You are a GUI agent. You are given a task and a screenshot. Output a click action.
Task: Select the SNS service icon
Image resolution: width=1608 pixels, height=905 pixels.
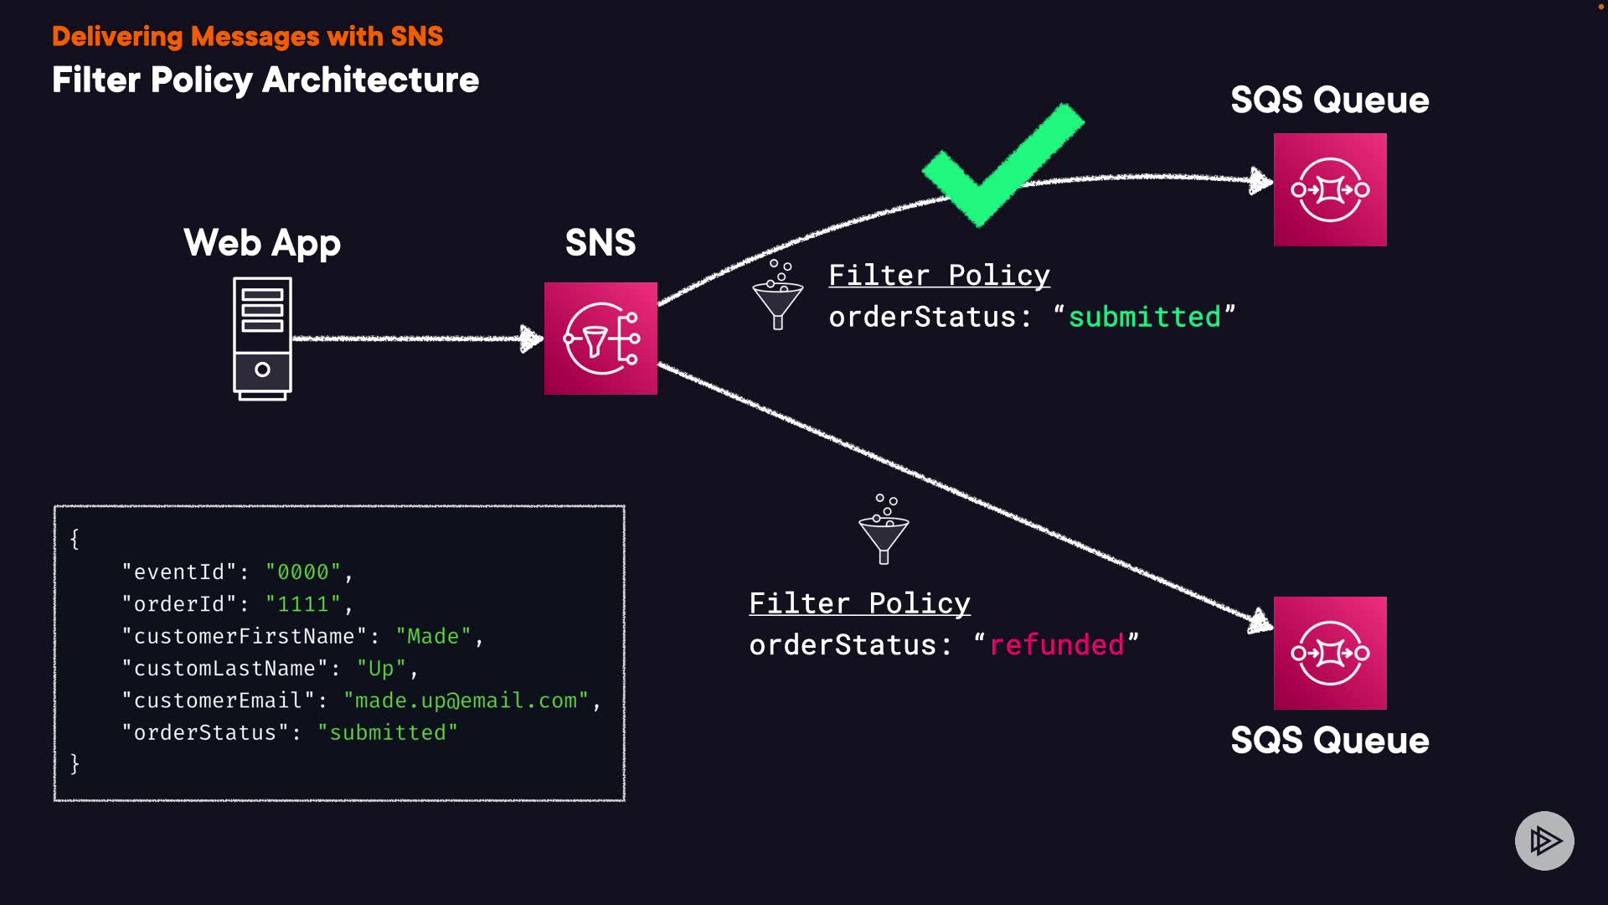600,339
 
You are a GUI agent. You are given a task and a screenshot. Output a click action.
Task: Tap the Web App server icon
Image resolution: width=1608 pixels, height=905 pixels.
262,339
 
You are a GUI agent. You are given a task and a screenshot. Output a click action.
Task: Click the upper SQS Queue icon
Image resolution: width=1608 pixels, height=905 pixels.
1330,189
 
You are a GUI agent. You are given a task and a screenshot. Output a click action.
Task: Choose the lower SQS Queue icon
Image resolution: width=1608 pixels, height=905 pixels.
1330,653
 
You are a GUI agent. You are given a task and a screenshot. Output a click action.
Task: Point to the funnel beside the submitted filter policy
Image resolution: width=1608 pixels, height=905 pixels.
778,295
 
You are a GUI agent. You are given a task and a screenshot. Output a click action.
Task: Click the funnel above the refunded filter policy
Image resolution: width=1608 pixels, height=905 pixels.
884,530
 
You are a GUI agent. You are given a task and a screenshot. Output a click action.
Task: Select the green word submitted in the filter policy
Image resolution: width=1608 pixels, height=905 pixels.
1144,317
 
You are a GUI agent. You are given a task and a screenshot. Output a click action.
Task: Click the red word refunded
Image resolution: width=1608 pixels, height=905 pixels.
1057,644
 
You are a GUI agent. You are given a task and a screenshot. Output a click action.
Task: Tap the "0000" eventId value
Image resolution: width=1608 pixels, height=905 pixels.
303,571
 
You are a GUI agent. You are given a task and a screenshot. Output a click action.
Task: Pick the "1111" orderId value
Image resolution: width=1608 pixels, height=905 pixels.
303,604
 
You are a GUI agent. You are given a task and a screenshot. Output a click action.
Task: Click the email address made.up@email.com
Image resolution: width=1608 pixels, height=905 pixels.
466,701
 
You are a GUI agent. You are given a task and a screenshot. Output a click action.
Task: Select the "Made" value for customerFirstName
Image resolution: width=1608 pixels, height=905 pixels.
433,636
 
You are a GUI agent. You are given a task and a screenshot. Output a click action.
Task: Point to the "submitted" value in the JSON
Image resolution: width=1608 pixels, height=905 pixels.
388,732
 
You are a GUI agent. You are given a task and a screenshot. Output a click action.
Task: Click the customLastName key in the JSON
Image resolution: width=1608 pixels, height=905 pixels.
224,668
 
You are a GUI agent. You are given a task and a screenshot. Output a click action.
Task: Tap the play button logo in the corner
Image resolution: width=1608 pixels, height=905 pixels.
1544,840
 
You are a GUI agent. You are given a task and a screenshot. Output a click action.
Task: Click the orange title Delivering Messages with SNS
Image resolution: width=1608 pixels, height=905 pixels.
247,36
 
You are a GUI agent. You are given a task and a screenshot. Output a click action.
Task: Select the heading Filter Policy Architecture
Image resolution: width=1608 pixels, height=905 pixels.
265,80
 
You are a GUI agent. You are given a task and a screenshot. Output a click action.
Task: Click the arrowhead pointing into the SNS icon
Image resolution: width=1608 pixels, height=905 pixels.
531,339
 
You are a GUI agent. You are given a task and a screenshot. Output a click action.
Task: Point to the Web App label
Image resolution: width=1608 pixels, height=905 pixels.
262,243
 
